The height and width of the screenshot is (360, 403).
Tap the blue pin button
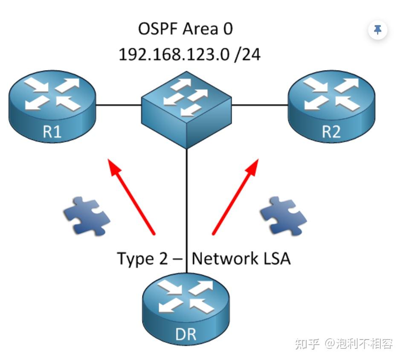pos(377,30)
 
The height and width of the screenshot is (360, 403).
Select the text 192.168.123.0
pos(174,54)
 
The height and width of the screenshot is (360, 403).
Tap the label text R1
pos(52,132)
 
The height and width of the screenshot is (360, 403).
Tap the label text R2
pos(331,132)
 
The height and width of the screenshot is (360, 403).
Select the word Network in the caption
pos(225,258)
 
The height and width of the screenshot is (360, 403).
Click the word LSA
pos(276,258)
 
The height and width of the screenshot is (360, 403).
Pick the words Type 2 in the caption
pos(143,258)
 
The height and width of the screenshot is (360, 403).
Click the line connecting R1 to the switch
pos(119,104)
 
